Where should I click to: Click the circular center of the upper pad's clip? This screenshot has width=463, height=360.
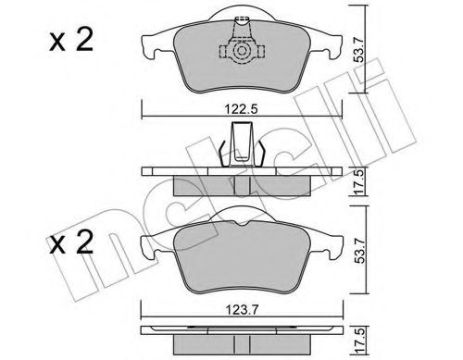click(243, 53)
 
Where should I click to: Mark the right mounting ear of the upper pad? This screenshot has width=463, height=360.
click(332, 46)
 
